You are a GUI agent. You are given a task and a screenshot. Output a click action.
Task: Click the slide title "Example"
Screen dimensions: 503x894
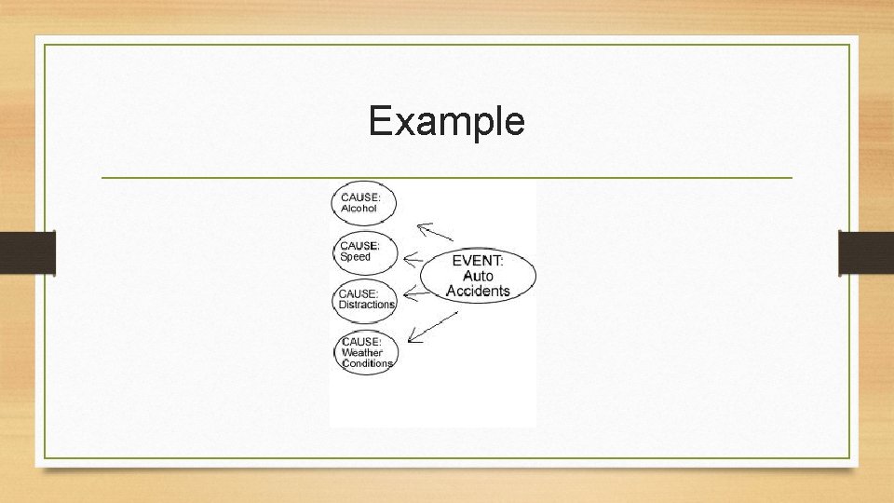click(446, 121)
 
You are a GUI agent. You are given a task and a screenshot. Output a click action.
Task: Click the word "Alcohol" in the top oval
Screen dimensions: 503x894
click(359, 209)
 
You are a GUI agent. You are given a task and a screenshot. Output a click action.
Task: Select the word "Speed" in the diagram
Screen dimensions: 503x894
click(356, 257)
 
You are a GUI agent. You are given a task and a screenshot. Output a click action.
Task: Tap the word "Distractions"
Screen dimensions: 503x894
click(367, 305)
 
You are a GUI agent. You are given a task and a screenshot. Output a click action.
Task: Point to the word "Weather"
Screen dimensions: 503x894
click(362, 353)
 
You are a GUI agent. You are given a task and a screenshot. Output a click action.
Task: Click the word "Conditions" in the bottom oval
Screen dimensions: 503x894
click(368, 363)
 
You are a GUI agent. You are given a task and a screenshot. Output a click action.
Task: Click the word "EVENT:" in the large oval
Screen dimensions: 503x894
click(478, 261)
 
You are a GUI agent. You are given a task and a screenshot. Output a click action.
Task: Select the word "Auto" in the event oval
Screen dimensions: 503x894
click(478, 277)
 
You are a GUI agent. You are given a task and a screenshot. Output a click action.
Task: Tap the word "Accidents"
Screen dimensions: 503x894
click(478, 292)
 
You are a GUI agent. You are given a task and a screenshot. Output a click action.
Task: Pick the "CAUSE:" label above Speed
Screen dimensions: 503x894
click(359, 246)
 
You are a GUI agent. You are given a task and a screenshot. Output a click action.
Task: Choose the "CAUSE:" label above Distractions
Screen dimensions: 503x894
click(359, 294)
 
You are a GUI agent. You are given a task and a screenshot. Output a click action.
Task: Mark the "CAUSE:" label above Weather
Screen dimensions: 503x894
click(362, 342)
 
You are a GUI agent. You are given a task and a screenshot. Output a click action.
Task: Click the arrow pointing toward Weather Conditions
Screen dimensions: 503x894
click(432, 327)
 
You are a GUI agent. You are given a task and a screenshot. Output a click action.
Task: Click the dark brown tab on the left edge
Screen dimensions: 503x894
click(27, 252)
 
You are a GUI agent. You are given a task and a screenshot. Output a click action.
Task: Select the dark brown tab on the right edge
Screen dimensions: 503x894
click(866, 252)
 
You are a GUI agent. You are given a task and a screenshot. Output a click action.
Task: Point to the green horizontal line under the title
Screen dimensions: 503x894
click(446, 177)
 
